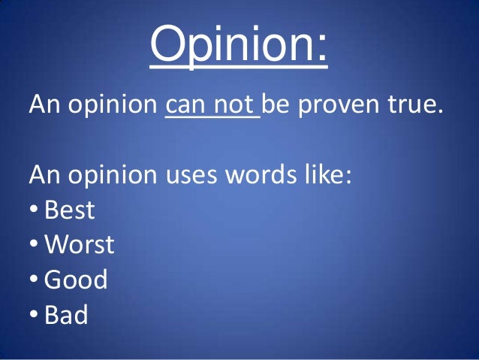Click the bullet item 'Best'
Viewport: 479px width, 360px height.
click(x=70, y=210)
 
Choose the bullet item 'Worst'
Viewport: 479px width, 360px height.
click(x=79, y=244)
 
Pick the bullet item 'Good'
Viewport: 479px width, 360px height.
click(x=76, y=280)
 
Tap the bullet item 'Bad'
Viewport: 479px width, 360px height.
click(x=66, y=314)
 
